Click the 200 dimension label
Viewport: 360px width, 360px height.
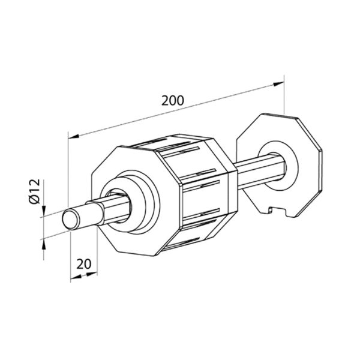[173, 100]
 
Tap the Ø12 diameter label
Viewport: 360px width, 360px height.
[35, 191]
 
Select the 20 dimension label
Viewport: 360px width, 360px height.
[83, 264]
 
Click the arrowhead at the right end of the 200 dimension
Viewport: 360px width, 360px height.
[278, 84]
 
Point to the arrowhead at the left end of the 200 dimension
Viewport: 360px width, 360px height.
[74, 136]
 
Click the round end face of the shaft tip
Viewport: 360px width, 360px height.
[70, 220]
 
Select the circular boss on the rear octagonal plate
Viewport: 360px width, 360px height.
[278, 166]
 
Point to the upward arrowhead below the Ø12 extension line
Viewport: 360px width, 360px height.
[44, 244]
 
